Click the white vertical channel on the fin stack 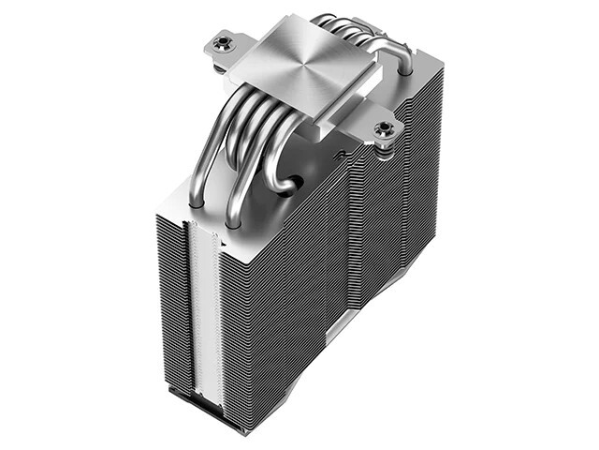[x=209, y=309]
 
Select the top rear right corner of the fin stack [x=440, y=70]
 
